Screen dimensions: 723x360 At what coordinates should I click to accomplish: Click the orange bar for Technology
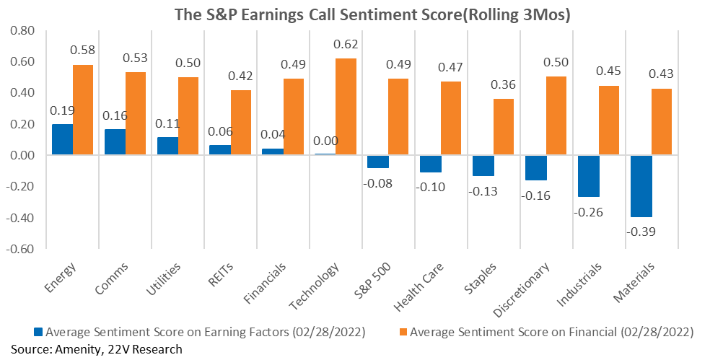tap(346, 107)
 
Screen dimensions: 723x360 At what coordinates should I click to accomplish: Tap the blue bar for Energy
tap(63, 140)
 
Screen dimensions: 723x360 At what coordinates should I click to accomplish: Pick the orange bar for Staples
tap(504, 127)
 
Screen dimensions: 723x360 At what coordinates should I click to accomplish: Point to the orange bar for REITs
tap(241, 123)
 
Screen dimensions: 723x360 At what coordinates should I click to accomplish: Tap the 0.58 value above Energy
tap(83, 51)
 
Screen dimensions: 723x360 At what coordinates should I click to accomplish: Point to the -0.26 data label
tap(589, 213)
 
